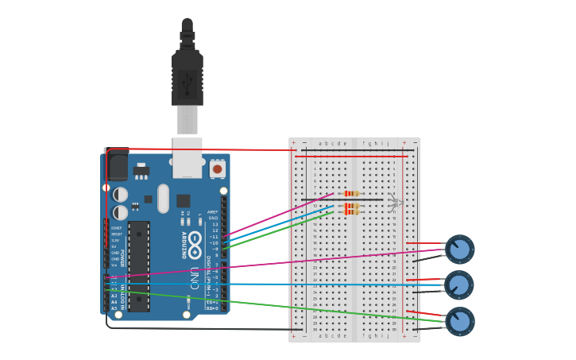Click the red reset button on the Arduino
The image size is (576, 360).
coord(217,168)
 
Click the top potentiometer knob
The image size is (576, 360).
coord(459,250)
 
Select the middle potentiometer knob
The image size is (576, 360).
coord(459,285)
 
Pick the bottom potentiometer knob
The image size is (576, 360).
coord(459,321)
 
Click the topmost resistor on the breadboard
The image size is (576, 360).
coord(351,193)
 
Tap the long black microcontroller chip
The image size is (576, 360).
coord(138,266)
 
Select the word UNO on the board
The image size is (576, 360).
coord(195,277)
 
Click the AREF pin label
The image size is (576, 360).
coord(213,212)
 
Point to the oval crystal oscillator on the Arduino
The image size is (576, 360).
coord(164,199)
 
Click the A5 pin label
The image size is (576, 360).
coord(114,308)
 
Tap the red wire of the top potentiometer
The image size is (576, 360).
coord(425,244)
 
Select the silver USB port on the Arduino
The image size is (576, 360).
coord(187,159)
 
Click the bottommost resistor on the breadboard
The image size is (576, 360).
coord(351,212)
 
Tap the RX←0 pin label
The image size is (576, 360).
coord(212,308)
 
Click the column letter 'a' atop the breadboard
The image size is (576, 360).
coord(320,144)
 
